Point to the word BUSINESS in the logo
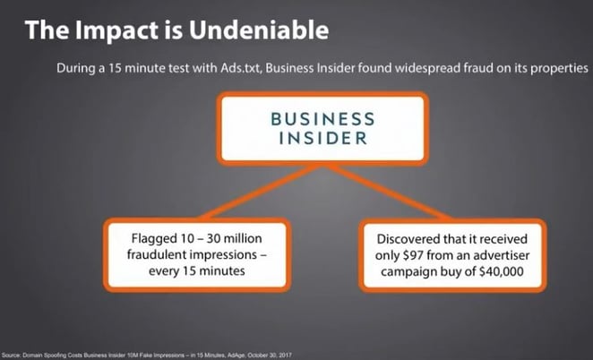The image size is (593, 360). (296, 118)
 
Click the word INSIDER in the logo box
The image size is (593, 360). (296, 141)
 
